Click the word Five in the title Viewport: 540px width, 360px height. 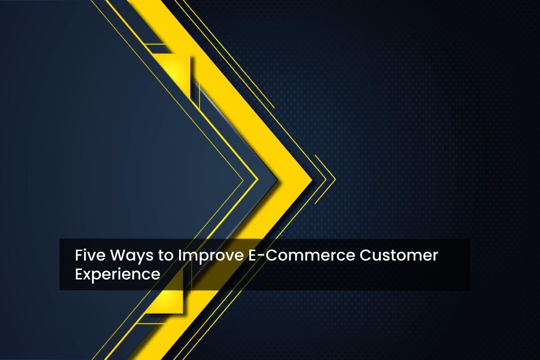[x=90, y=255]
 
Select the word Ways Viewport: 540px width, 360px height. [x=131, y=256]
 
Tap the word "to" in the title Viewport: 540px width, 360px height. [x=166, y=256]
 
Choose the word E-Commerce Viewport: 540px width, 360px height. [x=301, y=255]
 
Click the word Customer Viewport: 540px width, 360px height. [x=399, y=255]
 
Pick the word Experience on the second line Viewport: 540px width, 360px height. [x=117, y=275]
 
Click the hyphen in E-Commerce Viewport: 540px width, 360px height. [x=261, y=256]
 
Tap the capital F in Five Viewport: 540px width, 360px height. [x=79, y=255]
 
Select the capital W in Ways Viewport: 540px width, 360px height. [x=119, y=255]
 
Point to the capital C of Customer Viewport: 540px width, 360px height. [x=365, y=255]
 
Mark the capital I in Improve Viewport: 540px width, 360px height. [x=180, y=255]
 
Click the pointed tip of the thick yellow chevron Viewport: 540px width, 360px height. [x=312, y=180]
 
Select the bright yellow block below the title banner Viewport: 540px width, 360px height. [x=166, y=301]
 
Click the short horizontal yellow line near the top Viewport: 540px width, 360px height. [x=156, y=44]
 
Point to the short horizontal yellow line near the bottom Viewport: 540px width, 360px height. [x=151, y=324]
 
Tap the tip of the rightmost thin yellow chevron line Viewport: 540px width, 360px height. [x=335, y=180]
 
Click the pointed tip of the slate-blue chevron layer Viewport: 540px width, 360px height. [x=277, y=180]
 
